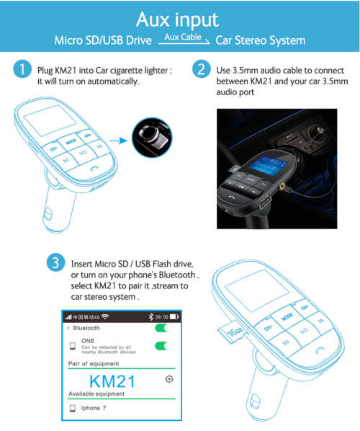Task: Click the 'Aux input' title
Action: pyautogui.click(x=180, y=17)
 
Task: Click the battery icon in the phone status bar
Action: pyautogui.click(x=174, y=316)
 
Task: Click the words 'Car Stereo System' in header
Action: pyautogui.click(x=261, y=41)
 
